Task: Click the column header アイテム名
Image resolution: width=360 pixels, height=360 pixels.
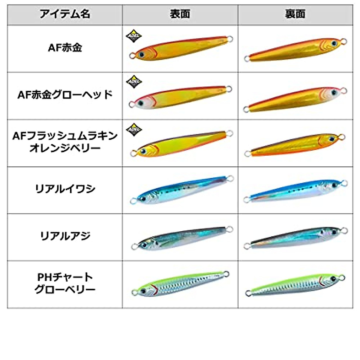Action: coord(65,14)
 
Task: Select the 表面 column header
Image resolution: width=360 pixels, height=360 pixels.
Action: coord(180,14)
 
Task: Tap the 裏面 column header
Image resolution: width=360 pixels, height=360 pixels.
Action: coord(295,14)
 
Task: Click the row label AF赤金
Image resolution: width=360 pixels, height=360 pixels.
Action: coord(65,48)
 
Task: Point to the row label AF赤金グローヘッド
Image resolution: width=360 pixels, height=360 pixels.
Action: coord(65,95)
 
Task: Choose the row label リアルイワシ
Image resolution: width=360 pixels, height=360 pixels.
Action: coord(65,189)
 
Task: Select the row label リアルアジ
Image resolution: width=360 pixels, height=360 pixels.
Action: coord(65,236)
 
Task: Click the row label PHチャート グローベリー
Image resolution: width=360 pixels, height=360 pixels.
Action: coord(65,283)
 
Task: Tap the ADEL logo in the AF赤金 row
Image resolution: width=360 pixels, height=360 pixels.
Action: coord(133,36)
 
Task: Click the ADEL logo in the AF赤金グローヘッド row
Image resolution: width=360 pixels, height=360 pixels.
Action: coord(133,82)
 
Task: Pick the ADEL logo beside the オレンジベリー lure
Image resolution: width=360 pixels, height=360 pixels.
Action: coord(133,129)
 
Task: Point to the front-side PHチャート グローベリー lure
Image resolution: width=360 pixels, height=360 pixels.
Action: coord(180,284)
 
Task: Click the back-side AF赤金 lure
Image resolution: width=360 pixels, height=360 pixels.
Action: coord(295,49)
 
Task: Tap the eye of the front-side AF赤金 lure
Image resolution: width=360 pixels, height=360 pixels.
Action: coord(141,55)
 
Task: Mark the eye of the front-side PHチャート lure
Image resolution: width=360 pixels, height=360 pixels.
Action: coord(143,291)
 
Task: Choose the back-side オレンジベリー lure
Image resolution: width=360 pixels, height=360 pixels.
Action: coord(295,145)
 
